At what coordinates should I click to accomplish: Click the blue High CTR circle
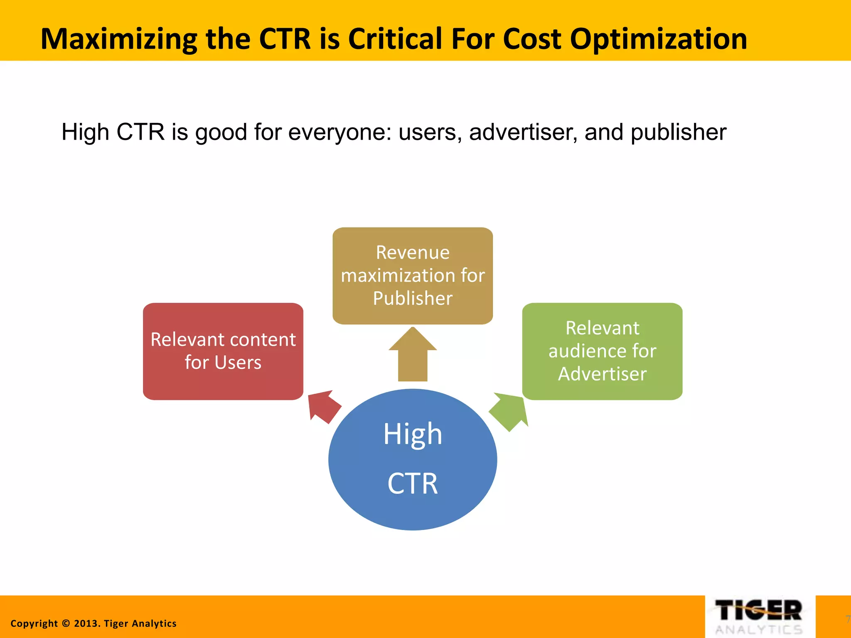(x=412, y=459)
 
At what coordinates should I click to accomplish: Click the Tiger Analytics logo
(x=760, y=616)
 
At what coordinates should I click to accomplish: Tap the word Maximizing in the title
(x=119, y=39)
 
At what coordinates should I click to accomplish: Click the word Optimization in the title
(x=658, y=39)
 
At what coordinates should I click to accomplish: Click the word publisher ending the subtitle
(x=678, y=132)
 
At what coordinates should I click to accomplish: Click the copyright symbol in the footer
(x=66, y=623)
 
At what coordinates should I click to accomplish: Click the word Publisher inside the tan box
(x=412, y=298)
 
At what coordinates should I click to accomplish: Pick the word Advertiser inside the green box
(x=602, y=374)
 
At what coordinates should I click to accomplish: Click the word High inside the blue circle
(x=412, y=434)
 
